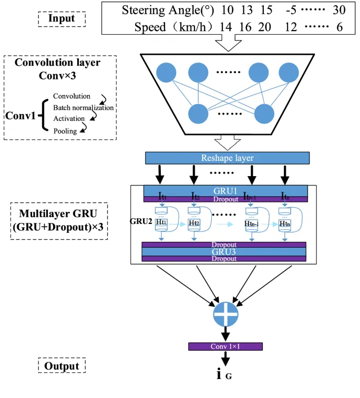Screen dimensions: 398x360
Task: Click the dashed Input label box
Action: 61,18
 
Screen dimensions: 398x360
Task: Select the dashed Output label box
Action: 61,366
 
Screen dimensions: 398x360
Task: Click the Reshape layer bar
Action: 227,158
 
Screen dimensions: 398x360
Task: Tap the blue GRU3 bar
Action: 224,252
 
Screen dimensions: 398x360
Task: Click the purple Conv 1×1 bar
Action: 225,346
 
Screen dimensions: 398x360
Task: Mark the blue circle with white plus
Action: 226,314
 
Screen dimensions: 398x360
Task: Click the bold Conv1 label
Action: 20,114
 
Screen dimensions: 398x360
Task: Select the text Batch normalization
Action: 83,108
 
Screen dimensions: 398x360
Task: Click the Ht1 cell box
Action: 162,223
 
